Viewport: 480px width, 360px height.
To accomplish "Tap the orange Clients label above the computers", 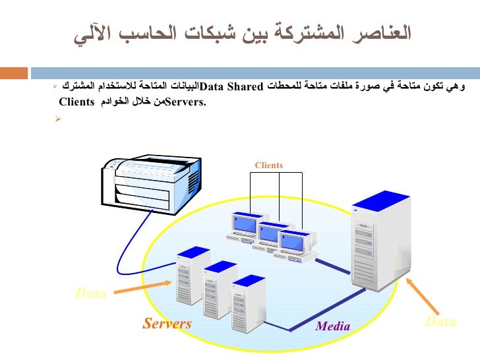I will pyautogui.click(x=268, y=165).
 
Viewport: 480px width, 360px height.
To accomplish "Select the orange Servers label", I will pyautogui.click(x=167, y=323).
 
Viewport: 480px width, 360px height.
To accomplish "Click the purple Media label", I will pyautogui.click(x=333, y=326).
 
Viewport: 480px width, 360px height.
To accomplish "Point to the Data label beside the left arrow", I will pyautogui.click(x=91, y=294).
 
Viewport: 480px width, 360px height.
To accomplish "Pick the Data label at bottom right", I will pyautogui.click(x=440, y=322).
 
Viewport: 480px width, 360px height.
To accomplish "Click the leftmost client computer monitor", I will pyautogui.click(x=245, y=224).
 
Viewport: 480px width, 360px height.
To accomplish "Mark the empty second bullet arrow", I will pyautogui.click(x=58, y=119).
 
